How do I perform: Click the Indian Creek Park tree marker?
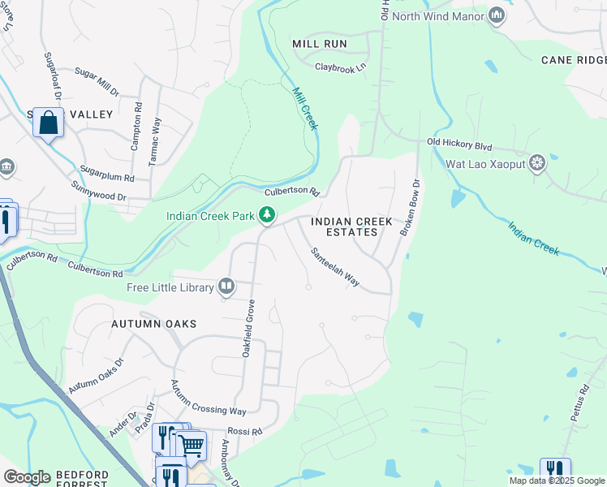click(x=266, y=216)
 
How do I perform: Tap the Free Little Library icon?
click(x=226, y=287)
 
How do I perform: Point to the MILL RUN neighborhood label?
click(x=320, y=44)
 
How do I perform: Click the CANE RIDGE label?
click(x=574, y=60)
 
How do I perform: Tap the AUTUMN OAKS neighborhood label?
click(x=154, y=324)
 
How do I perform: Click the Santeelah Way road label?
click(x=335, y=267)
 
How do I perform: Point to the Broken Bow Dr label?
click(x=408, y=209)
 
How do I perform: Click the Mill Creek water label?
click(x=304, y=109)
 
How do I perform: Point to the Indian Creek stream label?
click(x=533, y=235)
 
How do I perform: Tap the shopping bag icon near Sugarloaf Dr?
click(x=48, y=123)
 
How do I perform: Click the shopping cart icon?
click(x=192, y=445)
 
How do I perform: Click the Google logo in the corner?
click(x=27, y=477)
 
